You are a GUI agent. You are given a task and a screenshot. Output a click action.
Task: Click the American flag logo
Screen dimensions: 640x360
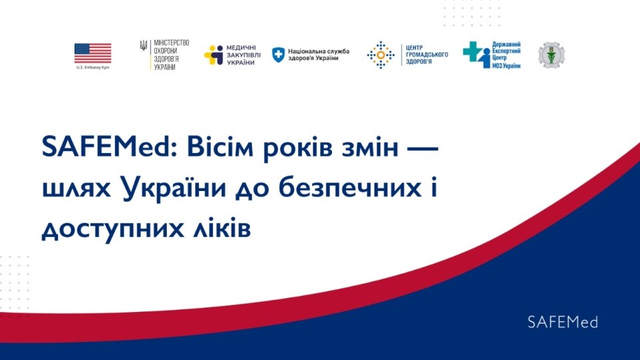click(92, 53)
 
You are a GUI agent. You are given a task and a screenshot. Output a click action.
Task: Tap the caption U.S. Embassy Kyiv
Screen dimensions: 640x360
click(92, 67)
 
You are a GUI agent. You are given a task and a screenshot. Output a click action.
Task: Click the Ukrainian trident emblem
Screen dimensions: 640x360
click(143, 45)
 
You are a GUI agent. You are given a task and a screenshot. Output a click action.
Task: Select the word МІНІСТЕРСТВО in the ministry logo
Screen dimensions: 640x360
click(172, 43)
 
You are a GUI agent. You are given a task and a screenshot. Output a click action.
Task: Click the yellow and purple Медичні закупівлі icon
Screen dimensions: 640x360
click(214, 55)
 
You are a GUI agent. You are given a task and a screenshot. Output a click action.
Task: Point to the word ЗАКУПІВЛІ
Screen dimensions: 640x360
click(243, 55)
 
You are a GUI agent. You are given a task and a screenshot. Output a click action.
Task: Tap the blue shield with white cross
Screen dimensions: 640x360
click(278, 55)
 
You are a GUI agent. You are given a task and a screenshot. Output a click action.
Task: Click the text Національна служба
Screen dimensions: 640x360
click(319, 51)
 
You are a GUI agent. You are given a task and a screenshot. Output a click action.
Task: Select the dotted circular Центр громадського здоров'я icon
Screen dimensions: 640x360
click(381, 55)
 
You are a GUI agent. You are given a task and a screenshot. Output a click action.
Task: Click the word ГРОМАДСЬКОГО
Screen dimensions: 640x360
click(426, 55)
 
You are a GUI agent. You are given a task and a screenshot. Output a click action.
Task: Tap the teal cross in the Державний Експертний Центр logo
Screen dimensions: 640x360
click(472, 51)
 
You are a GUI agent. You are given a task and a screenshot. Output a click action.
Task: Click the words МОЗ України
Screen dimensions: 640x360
click(506, 65)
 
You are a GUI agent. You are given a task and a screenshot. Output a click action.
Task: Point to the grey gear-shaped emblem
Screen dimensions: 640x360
click(552, 55)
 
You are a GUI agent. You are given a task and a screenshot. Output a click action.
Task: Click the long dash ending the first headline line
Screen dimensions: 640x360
click(423, 148)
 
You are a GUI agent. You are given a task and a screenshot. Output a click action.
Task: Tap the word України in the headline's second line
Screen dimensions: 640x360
click(174, 188)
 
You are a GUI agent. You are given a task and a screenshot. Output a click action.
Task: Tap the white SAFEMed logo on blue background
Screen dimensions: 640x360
click(562, 322)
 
